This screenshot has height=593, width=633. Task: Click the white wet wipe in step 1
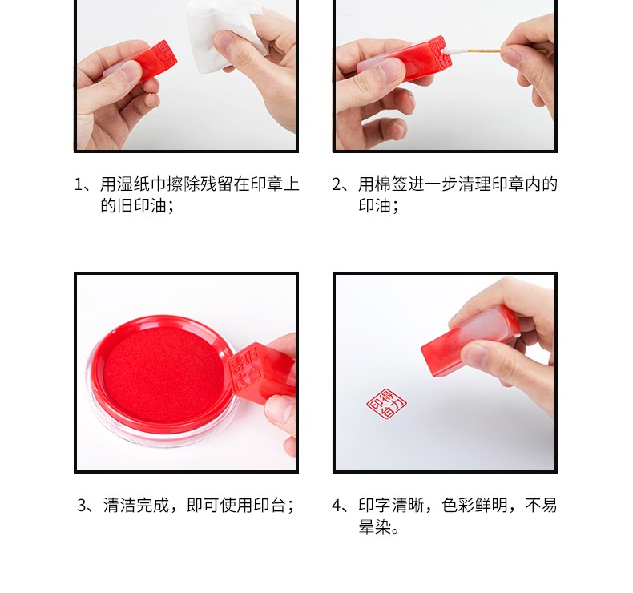[x=226, y=36]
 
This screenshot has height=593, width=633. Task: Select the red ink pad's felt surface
[x=163, y=374]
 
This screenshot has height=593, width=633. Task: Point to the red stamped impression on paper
[x=386, y=404]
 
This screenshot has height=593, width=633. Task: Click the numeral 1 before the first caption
[x=79, y=184]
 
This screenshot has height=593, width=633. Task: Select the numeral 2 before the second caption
[x=337, y=184]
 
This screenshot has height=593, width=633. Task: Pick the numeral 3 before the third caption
[x=83, y=506]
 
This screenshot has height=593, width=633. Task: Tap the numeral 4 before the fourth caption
[x=337, y=506]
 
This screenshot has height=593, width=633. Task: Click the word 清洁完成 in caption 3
[x=136, y=506]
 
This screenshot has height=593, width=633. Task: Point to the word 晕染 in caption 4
[x=375, y=526]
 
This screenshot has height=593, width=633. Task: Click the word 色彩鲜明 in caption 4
[x=474, y=506]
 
